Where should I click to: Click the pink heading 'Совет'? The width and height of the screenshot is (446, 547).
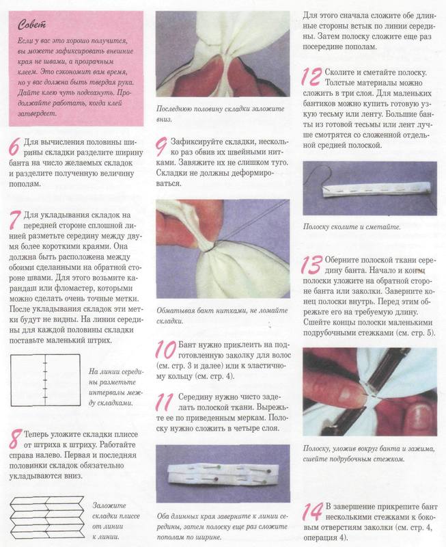tap(31, 25)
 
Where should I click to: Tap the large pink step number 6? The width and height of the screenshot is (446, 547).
tap(14, 147)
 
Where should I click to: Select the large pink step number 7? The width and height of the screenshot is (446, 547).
tap(14, 219)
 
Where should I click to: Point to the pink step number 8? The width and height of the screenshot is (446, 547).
tap(15, 439)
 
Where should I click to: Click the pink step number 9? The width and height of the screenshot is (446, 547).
tap(161, 147)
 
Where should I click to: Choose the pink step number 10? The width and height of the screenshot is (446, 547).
tap(165, 349)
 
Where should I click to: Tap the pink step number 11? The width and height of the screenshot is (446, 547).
tap(165, 402)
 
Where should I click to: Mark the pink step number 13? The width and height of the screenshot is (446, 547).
tap(311, 265)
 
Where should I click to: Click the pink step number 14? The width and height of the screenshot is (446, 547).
tap(313, 511)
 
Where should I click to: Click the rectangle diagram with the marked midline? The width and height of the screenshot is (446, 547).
tap(45, 380)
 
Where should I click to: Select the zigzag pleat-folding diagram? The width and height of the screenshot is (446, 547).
tap(46, 518)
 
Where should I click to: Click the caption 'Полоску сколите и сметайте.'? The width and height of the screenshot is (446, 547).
tap(352, 227)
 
